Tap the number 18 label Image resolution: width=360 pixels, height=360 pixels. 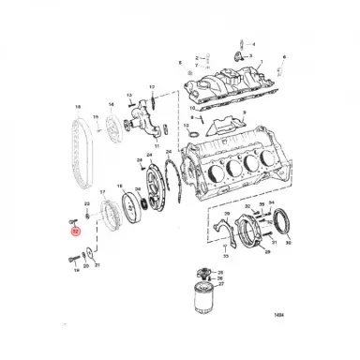tap(79, 108)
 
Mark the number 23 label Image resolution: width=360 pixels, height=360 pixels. tap(86, 203)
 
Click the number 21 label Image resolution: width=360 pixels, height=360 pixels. tap(97, 266)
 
